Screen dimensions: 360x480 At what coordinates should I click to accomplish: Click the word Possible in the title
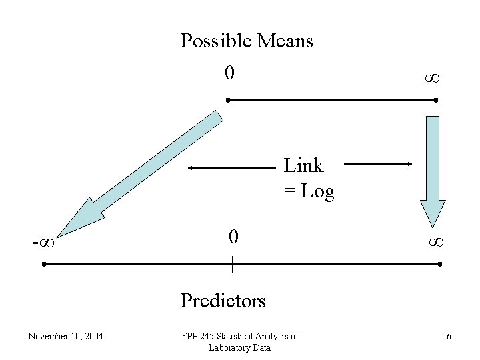[x=209, y=41]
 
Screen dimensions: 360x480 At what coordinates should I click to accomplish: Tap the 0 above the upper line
[x=229, y=72]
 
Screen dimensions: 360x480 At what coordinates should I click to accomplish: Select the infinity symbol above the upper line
[x=431, y=79]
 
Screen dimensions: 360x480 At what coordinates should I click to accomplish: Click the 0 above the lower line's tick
[x=233, y=236]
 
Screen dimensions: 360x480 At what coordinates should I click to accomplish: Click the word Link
[x=303, y=165]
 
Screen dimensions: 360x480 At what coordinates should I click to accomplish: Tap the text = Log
[x=309, y=191]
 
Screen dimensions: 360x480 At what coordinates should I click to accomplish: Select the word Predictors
[x=223, y=301]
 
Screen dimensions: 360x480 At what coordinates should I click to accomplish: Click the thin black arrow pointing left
[x=230, y=168]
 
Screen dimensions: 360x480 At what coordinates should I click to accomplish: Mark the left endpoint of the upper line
[x=227, y=100]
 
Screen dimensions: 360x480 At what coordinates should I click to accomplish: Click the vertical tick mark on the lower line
[x=232, y=264]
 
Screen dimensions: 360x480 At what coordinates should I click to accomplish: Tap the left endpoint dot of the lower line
[x=43, y=264]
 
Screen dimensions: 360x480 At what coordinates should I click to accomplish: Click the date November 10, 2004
[x=65, y=336]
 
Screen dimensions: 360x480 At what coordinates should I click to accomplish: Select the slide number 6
[x=449, y=336]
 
